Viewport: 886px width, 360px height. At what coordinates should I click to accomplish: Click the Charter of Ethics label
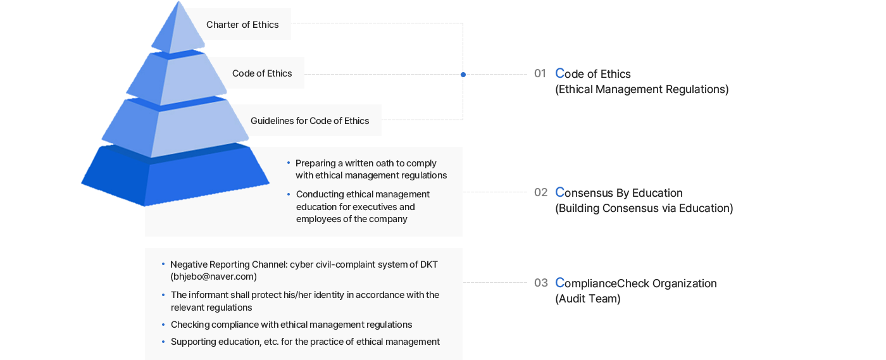pyautogui.click(x=242, y=25)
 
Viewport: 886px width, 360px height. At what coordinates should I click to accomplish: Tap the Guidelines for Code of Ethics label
pyautogui.click(x=309, y=121)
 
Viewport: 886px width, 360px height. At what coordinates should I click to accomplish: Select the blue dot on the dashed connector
pyautogui.click(x=463, y=75)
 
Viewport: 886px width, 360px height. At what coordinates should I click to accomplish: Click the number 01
pyautogui.click(x=540, y=73)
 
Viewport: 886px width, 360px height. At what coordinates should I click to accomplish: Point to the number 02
pyautogui.click(x=540, y=192)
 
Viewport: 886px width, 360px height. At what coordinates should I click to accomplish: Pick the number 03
pyautogui.click(x=540, y=283)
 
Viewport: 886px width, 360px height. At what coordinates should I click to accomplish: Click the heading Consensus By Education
pyautogui.click(x=619, y=192)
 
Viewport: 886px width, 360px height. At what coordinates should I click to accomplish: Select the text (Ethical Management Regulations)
pyautogui.click(x=642, y=89)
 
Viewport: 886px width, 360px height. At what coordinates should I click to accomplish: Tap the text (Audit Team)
pyautogui.click(x=588, y=299)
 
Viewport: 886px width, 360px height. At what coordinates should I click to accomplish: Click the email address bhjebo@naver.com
pyautogui.click(x=214, y=276)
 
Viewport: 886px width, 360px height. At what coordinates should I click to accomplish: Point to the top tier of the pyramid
pyautogui.click(x=178, y=28)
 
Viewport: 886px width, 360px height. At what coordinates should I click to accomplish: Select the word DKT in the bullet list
pyautogui.click(x=429, y=264)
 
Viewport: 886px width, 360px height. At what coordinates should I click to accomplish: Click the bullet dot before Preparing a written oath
pyautogui.click(x=289, y=163)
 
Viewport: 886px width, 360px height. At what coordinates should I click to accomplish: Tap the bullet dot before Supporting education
pyautogui.click(x=163, y=342)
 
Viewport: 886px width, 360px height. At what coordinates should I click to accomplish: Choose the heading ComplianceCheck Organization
pyautogui.click(x=636, y=283)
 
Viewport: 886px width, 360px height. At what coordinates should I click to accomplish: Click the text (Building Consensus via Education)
pyautogui.click(x=644, y=208)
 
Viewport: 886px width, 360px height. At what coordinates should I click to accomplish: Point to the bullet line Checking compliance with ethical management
pyautogui.click(x=292, y=325)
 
